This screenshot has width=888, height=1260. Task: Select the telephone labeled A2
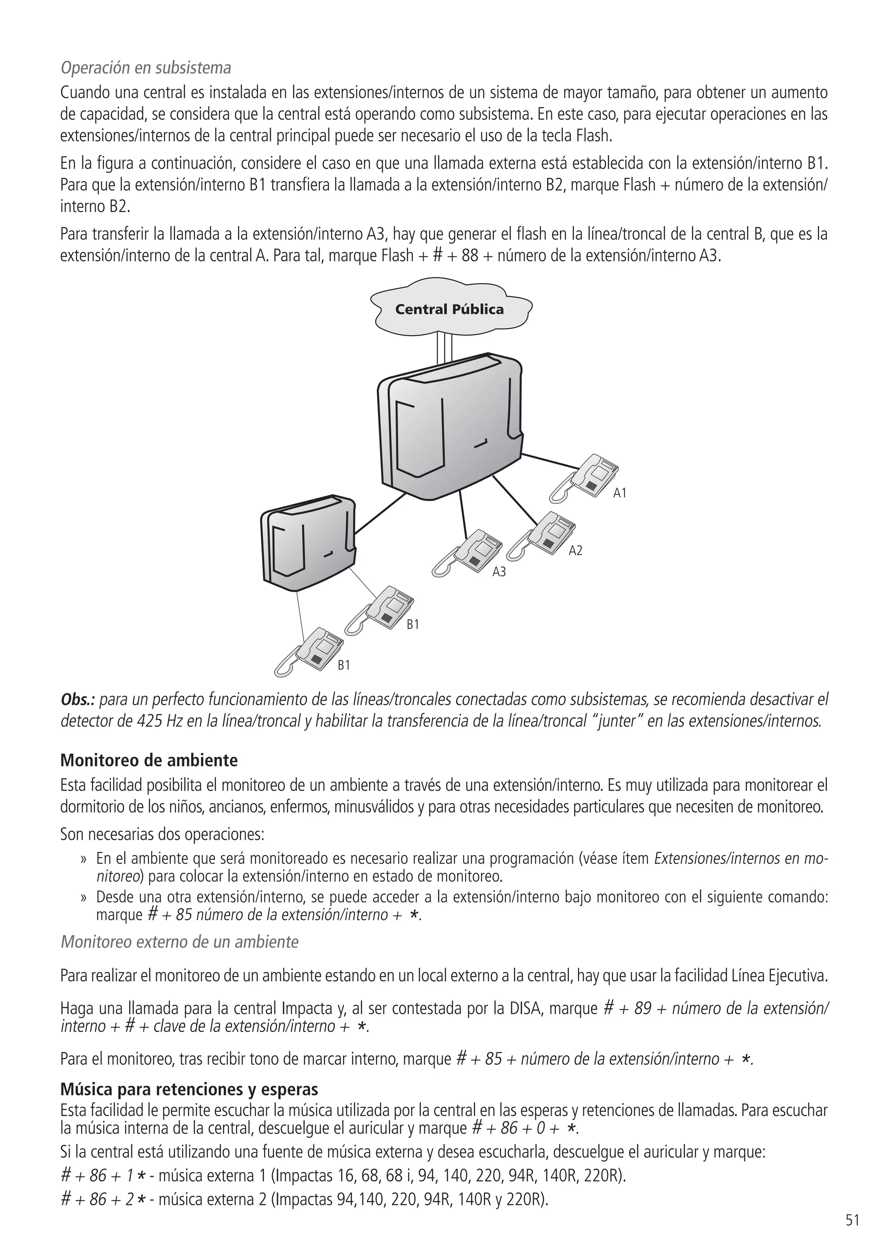(x=542, y=535)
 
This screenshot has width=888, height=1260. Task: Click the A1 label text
(x=620, y=493)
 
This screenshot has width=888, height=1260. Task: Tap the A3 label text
(x=499, y=572)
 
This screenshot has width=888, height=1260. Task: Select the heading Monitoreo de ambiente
(x=149, y=761)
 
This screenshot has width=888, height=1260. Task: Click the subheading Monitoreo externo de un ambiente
(x=180, y=942)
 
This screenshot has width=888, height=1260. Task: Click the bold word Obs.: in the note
(x=78, y=700)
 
